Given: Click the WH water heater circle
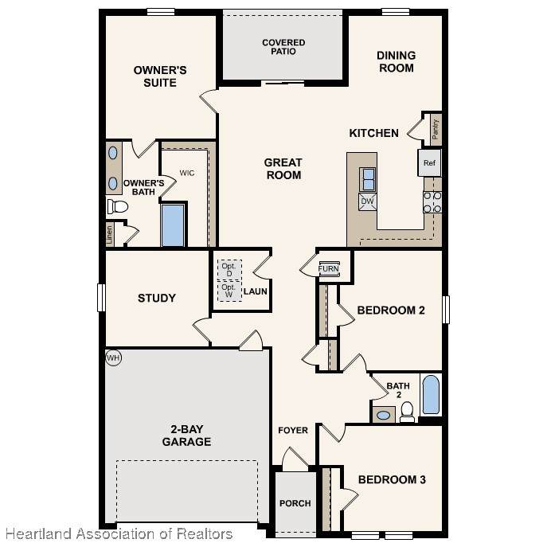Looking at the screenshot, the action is [x=113, y=358].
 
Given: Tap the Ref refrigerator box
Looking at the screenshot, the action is [x=429, y=163].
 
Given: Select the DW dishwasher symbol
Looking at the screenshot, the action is [x=368, y=201].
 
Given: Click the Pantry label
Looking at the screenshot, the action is [x=436, y=130].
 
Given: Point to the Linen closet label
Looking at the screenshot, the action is [x=110, y=234].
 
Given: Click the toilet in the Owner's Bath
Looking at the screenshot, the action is [x=118, y=206].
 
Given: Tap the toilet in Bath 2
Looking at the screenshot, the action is [x=407, y=412].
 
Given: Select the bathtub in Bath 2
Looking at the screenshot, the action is [x=431, y=395].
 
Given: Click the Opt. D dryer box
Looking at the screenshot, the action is [x=229, y=270].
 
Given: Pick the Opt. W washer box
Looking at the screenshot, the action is [x=229, y=291].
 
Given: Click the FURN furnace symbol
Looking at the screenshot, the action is [x=329, y=268].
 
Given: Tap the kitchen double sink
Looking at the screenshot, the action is [x=368, y=179].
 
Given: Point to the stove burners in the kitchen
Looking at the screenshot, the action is [x=432, y=202].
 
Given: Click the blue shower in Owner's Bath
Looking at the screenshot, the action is [x=173, y=225].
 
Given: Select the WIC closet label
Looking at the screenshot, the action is [x=187, y=173].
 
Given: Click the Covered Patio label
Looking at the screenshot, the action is [x=283, y=47].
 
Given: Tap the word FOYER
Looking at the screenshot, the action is [x=293, y=430].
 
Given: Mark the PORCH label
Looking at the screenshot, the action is [x=295, y=503].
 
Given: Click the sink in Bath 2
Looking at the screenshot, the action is [x=384, y=415].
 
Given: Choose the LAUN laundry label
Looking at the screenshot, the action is [x=256, y=291].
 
